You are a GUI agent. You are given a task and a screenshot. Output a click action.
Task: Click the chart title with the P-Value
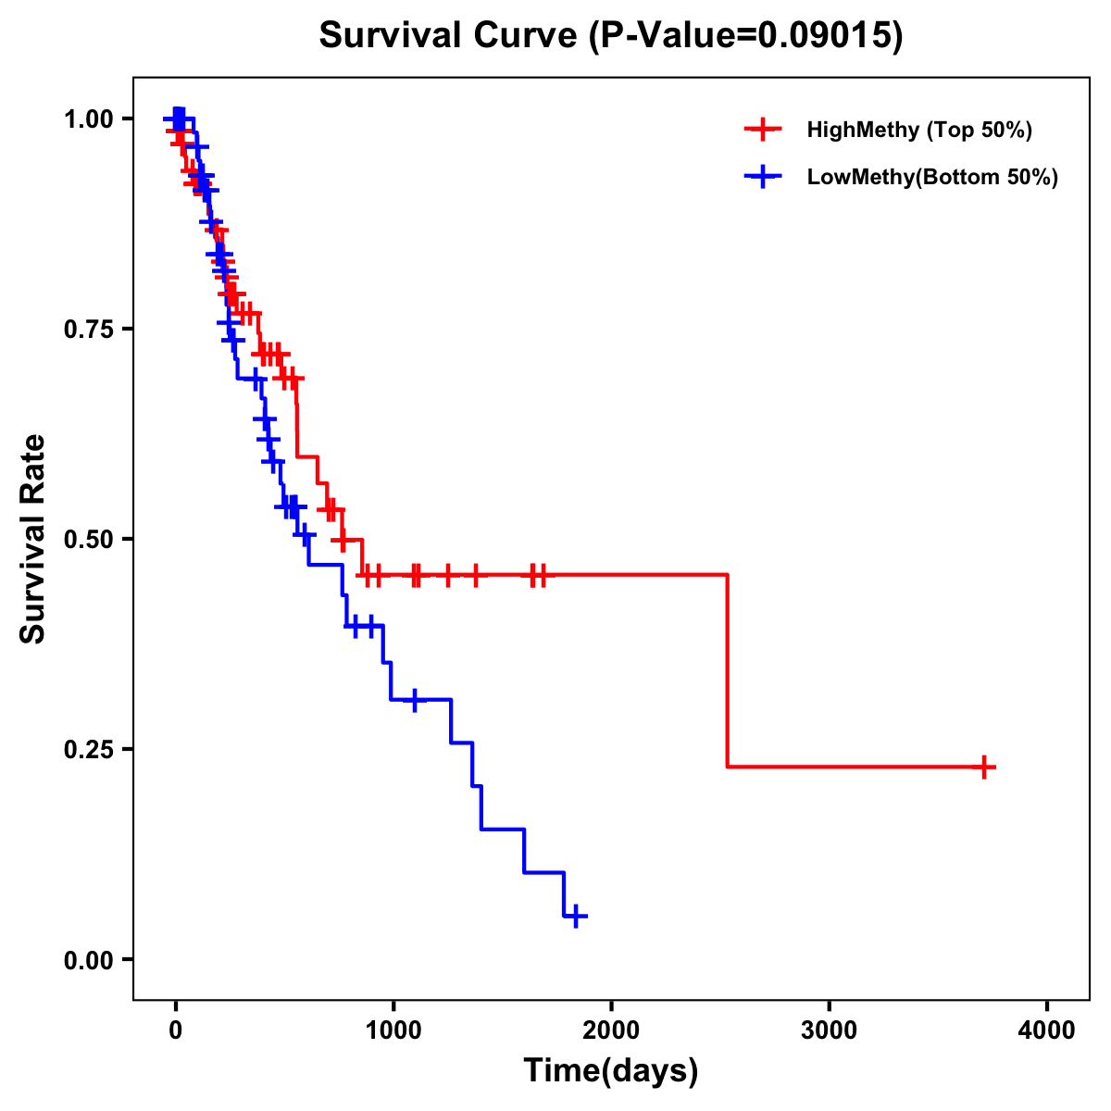point(610,35)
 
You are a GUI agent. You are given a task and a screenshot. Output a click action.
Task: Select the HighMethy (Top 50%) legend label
point(918,130)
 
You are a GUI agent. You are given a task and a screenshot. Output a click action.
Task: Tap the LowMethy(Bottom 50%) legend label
point(932,177)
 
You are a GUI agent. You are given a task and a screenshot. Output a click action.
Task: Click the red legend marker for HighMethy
point(763,130)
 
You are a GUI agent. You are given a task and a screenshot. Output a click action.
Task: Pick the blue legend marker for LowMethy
point(763,177)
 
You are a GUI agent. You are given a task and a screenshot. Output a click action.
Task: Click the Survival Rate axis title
point(33,539)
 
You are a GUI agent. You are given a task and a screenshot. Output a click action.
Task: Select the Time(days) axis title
point(610,1071)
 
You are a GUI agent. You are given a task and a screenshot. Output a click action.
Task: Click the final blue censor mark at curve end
point(575,916)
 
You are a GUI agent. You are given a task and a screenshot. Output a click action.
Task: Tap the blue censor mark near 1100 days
point(414,699)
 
